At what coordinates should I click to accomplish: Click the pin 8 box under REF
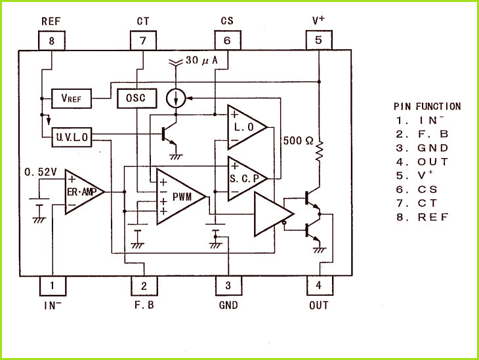[x=52, y=40]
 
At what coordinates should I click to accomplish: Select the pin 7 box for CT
[x=143, y=40]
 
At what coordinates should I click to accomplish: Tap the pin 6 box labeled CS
[x=228, y=40]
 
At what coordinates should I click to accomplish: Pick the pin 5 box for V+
[x=319, y=40]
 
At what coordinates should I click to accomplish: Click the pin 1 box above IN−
[x=53, y=286]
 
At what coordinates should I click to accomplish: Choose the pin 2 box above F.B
[x=144, y=286]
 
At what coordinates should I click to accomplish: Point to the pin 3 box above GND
[x=228, y=286]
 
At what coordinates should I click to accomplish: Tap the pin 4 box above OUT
[x=320, y=285]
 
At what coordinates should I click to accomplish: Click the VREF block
[x=72, y=98]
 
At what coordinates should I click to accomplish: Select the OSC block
[x=137, y=98]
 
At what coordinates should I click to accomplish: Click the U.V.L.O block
[x=72, y=137]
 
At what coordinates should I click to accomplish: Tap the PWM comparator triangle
[x=181, y=197]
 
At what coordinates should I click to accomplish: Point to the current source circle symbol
[x=176, y=98]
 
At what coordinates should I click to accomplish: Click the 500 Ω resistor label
[x=298, y=140]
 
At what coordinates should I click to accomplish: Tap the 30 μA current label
[x=201, y=60]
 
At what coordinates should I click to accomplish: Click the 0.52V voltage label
[x=41, y=172]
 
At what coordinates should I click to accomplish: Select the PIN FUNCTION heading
[x=427, y=106]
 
